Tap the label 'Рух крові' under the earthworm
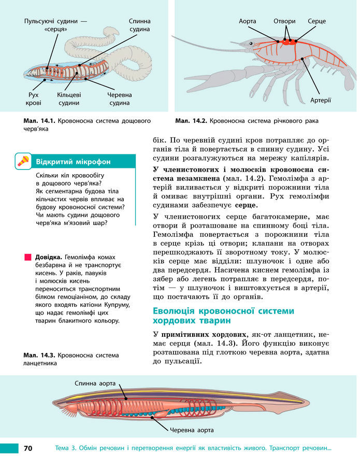coord(34,98)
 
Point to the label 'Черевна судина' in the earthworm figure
coord(119,98)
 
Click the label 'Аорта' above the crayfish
coord(248,21)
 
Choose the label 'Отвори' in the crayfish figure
coord(284,21)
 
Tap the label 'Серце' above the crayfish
coord(316,21)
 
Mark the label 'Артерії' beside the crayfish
coord(321,100)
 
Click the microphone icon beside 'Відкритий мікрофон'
coord(23,161)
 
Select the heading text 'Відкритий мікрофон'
coord(73,161)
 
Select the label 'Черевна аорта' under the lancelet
coord(192,430)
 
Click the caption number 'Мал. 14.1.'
coord(39,121)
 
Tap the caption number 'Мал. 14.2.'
coord(191,121)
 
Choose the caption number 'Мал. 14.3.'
coord(39,356)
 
